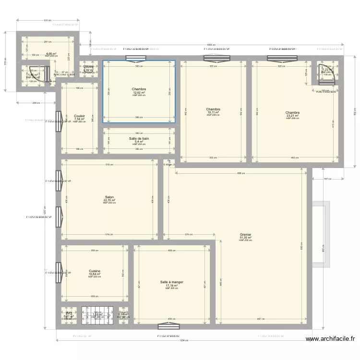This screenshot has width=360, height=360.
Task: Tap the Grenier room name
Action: click(x=245, y=235)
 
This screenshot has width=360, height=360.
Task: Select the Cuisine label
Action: click(x=94, y=271)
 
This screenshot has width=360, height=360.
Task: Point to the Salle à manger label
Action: click(x=171, y=282)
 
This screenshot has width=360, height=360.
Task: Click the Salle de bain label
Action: click(x=139, y=139)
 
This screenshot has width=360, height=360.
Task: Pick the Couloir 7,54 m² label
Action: click(x=79, y=118)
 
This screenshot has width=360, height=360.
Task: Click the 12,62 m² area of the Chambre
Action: click(x=139, y=93)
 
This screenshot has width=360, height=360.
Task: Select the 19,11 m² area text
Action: click(x=213, y=112)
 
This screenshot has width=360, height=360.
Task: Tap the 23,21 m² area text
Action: click(x=292, y=115)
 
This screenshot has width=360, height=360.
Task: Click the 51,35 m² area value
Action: click(x=245, y=238)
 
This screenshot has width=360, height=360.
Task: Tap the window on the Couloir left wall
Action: click(x=58, y=121)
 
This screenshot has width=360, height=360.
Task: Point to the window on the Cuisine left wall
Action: click(x=58, y=273)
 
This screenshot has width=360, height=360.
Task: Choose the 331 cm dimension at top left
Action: click(x=47, y=20)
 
